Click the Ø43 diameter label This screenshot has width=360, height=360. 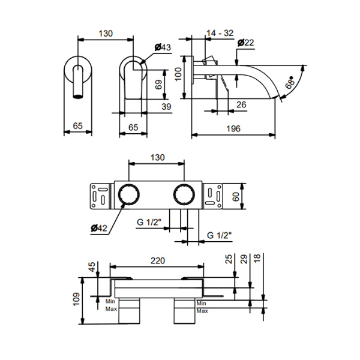pyautogui.click(x=163, y=47)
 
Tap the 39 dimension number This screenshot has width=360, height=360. pyautogui.click(x=166, y=106)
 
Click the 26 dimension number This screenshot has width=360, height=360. pyautogui.click(x=242, y=104)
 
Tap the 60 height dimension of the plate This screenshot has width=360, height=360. pyautogui.click(x=237, y=196)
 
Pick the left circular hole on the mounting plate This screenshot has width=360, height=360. pyautogui.click(x=128, y=196)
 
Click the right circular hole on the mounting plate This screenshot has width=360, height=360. pyautogui.click(x=184, y=196)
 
